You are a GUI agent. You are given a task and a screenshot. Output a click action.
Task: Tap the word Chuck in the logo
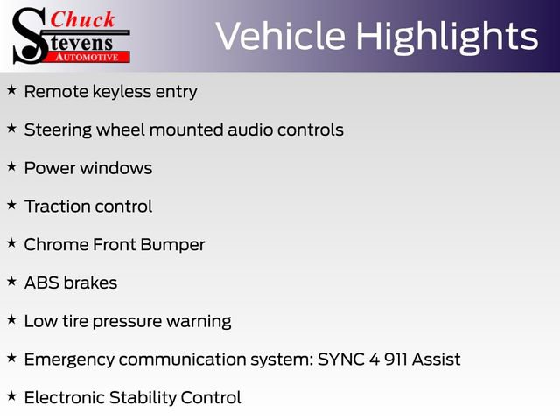83,18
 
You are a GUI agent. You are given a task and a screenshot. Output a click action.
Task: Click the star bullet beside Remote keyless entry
11,90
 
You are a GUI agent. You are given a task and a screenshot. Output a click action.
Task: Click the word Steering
57,129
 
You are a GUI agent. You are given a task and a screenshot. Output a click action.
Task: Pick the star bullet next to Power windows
11,166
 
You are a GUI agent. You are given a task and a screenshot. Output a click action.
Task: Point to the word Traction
57,206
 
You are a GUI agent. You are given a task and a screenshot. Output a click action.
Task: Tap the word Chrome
56,245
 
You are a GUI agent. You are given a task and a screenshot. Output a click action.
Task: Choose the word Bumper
174,245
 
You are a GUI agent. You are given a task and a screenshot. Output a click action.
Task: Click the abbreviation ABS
41,283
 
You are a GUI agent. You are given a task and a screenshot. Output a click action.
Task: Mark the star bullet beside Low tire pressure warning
11,319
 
